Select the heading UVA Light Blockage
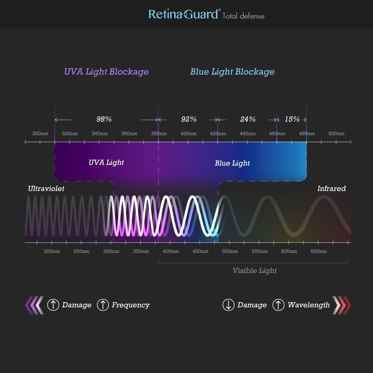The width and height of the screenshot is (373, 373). pyautogui.click(x=106, y=72)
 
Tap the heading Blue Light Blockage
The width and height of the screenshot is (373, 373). pyautogui.click(x=232, y=72)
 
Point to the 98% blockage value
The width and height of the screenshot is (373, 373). pyautogui.click(x=104, y=119)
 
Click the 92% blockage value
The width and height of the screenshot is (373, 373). pyautogui.click(x=189, y=119)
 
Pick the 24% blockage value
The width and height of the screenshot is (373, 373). pyautogui.click(x=248, y=119)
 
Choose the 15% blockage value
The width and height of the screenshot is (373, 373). pyautogui.click(x=292, y=119)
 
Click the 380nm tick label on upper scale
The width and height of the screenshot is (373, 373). pyautogui.click(x=159, y=133)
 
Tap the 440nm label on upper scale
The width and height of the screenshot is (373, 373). pyautogui.click(x=248, y=133)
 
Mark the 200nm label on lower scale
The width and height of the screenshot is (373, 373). pyautogui.click(x=52, y=251)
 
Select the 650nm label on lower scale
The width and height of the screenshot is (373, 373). pyautogui.click(x=318, y=251)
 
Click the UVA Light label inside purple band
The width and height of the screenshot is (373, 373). pyautogui.click(x=106, y=163)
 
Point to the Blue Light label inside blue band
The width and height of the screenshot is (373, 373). pyautogui.click(x=232, y=164)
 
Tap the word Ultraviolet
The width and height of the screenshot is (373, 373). pyautogui.click(x=46, y=188)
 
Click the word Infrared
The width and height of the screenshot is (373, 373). pyautogui.click(x=331, y=188)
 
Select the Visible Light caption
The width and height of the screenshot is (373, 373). pyautogui.click(x=255, y=271)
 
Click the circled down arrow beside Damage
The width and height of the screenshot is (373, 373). pyautogui.click(x=228, y=305)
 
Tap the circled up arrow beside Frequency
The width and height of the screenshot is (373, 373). pyautogui.click(x=103, y=305)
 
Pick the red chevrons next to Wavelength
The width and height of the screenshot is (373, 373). pyautogui.click(x=342, y=305)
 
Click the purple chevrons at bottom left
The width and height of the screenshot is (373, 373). pyautogui.click(x=35, y=305)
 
